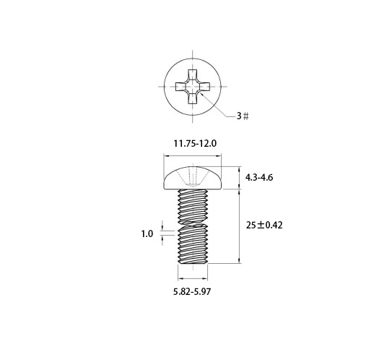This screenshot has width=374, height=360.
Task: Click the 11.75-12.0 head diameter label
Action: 195,144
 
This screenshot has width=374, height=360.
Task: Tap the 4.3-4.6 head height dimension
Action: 259,178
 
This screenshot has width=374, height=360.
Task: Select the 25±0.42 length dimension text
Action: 264,226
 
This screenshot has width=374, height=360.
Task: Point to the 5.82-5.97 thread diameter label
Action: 192,292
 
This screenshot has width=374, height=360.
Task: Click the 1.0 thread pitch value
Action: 147,233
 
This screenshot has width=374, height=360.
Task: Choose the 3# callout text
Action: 243,116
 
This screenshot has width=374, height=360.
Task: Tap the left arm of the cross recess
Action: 181,87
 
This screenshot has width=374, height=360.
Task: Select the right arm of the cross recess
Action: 204,87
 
